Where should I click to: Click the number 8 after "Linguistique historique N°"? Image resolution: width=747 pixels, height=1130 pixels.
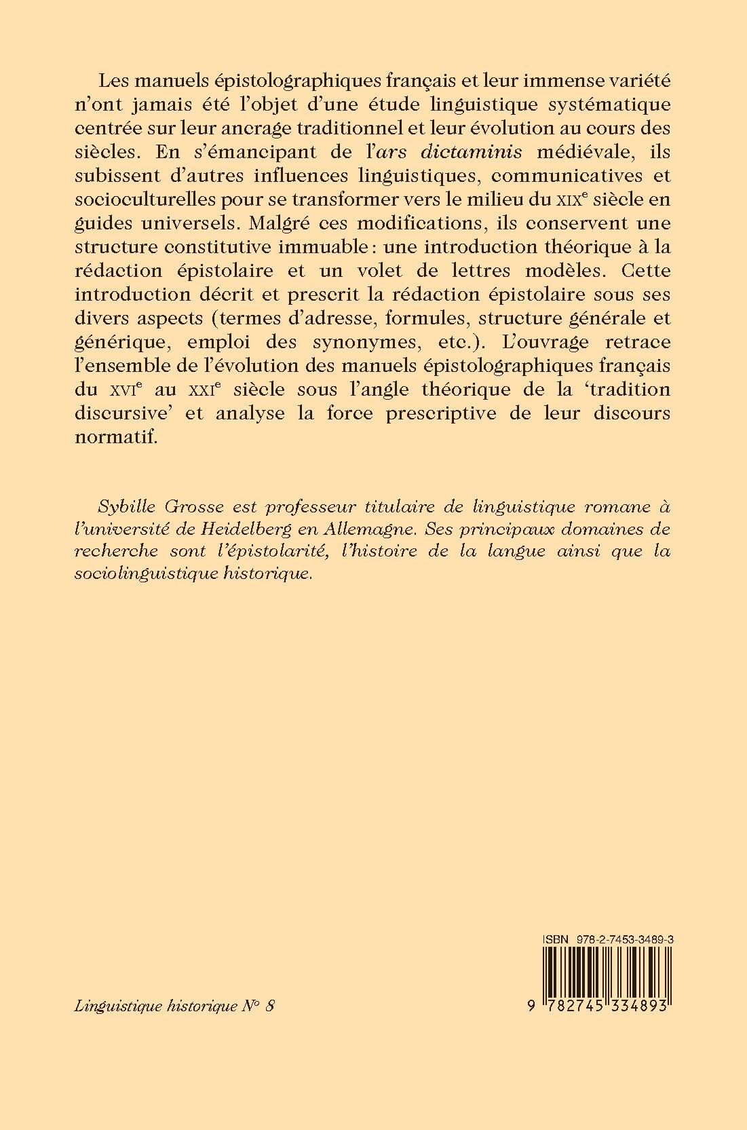click(270, 1006)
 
